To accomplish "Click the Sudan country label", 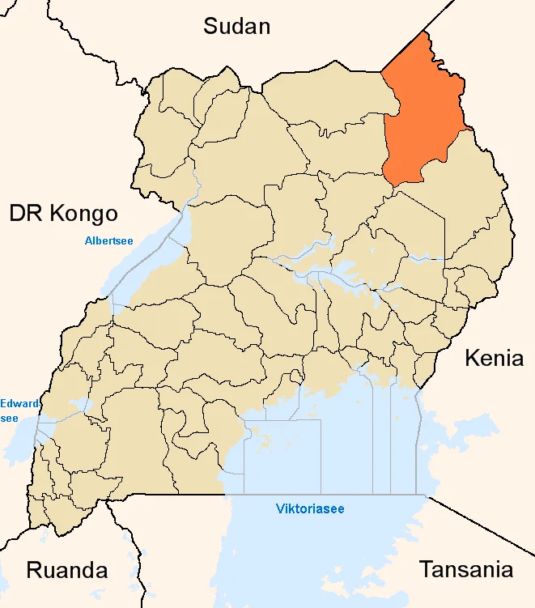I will pos(236,26).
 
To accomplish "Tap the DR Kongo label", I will pos(63,214).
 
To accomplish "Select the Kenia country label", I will pos(494,358).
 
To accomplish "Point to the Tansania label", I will pos(465,569).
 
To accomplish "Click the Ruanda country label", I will pos(67,570).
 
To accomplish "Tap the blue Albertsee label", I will pos(109,240).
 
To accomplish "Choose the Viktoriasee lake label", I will pos(310,509).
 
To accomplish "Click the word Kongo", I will pos(83,214).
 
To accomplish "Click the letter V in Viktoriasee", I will pos(279,509).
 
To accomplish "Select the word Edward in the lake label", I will pos(17,403).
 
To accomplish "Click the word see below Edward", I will pos(9,418).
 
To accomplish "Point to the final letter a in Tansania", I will pos(506,570).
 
